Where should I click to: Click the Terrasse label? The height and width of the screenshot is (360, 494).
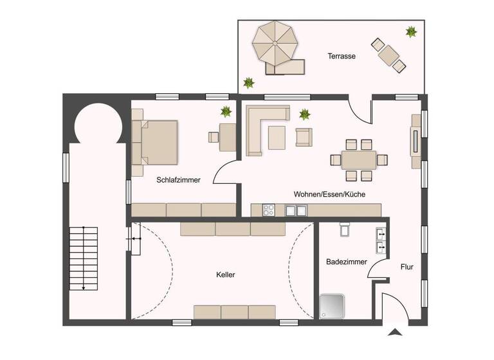click(342, 57)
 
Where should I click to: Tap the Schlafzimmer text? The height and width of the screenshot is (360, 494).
click(178, 181)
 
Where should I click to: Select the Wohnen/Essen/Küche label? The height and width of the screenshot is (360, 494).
click(329, 194)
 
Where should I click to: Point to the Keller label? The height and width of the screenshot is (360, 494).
click(226, 274)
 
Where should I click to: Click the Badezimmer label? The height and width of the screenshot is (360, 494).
click(346, 262)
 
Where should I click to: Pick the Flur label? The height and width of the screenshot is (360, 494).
click(407, 267)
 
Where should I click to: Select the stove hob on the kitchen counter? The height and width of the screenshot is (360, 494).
click(269, 210)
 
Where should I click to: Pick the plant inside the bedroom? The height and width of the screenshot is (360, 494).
click(226, 111)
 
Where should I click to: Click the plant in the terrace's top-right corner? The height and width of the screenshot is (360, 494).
click(410, 31)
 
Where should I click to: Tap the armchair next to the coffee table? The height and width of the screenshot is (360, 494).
click(303, 136)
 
